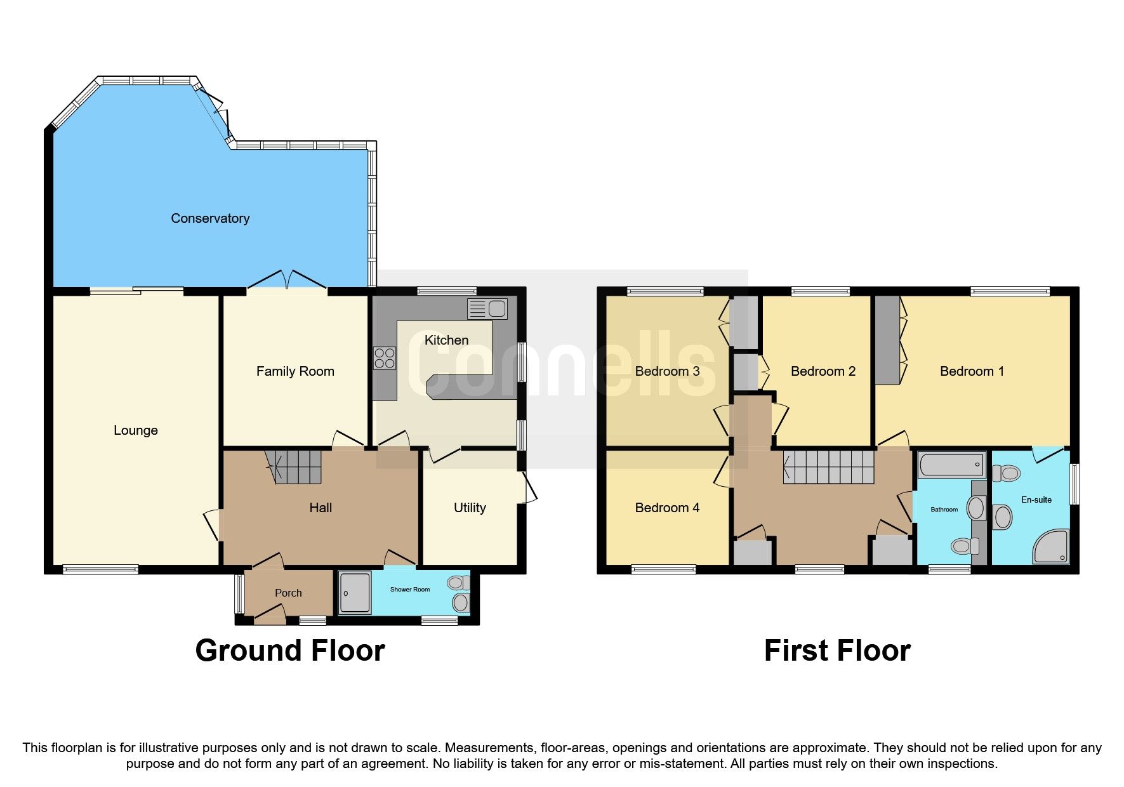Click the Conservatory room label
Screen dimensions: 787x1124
point(210,218)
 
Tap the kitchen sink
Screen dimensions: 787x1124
point(487,309)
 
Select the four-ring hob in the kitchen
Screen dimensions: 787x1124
point(385,358)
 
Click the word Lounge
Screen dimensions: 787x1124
point(136,430)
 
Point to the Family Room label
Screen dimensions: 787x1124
point(295,371)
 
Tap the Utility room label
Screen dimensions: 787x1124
point(470,508)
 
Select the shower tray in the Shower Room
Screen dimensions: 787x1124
point(354,593)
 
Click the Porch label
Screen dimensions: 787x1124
point(288,593)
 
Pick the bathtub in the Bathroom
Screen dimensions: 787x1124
point(951,465)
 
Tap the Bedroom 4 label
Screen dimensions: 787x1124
point(667,508)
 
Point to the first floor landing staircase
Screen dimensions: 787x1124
point(829,467)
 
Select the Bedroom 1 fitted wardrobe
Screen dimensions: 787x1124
point(887,340)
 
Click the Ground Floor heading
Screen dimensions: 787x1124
point(290,651)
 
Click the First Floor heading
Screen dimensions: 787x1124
point(837,651)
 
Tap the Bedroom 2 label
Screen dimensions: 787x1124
point(823,371)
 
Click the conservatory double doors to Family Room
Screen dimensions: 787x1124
point(287,281)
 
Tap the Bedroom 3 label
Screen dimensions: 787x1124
point(667,371)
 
